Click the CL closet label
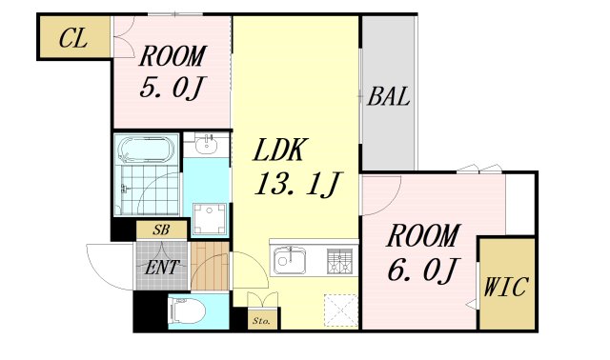[x=72, y=39]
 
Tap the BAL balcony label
[x=389, y=96]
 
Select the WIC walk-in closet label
[x=505, y=286]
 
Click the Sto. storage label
[x=260, y=321]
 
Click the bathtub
[x=144, y=150]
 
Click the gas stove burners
[x=338, y=259]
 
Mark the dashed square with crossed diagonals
[x=338, y=310]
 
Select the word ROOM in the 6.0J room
[x=422, y=234]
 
